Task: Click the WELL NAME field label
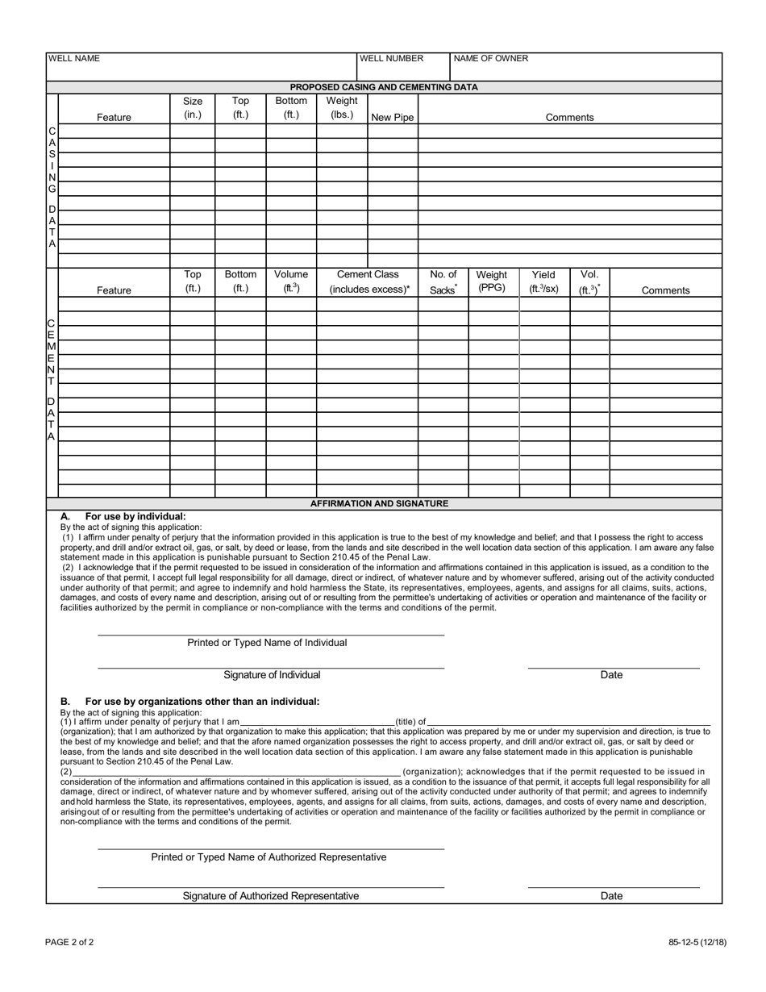click(x=74, y=59)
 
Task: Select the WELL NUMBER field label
click(x=391, y=59)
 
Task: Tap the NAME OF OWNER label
click(x=491, y=59)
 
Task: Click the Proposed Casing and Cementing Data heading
click(x=384, y=87)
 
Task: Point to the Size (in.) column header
click(x=193, y=108)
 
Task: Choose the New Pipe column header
click(x=393, y=118)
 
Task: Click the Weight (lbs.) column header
click(x=342, y=108)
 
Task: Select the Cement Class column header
click(x=368, y=281)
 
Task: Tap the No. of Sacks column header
click(x=443, y=281)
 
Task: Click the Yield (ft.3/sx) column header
click(x=543, y=281)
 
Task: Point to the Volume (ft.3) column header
click(x=291, y=281)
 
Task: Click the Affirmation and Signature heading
click(x=379, y=503)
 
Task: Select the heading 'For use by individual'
click(x=135, y=516)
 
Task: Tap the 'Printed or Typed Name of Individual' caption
click(x=267, y=643)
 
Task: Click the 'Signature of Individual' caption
click(x=272, y=675)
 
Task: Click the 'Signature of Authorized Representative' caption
click(x=271, y=896)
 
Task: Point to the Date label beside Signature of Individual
click(x=611, y=675)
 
